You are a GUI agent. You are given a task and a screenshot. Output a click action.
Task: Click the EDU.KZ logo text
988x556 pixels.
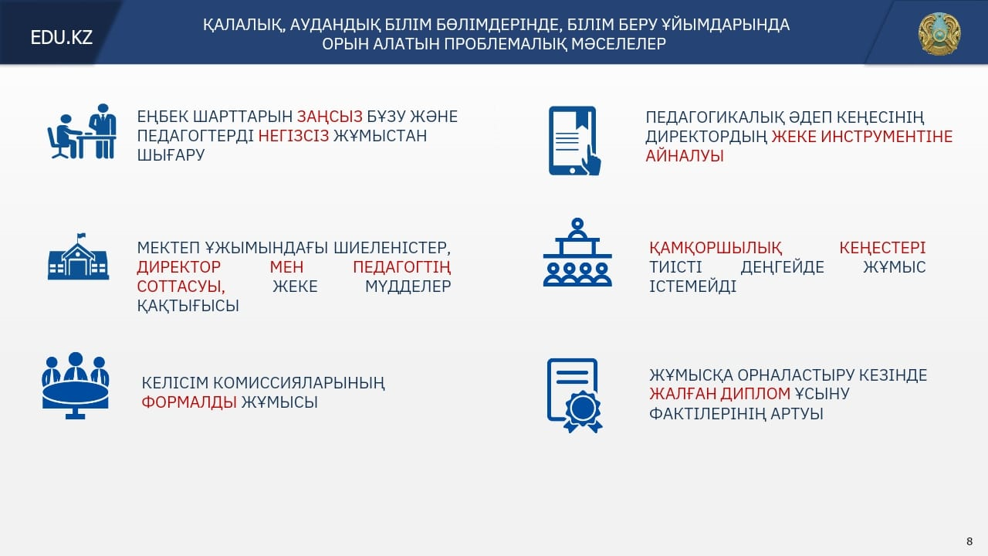click(61, 38)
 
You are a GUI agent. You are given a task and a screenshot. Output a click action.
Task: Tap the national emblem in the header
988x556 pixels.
click(939, 34)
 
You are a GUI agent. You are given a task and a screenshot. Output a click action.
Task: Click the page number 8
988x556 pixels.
click(969, 541)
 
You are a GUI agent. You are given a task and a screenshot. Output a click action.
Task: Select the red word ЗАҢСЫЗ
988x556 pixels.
click(330, 117)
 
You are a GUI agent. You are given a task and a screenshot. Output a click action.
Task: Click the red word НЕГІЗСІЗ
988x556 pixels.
click(293, 135)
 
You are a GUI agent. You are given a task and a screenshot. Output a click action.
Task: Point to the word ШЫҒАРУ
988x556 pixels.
click(171, 155)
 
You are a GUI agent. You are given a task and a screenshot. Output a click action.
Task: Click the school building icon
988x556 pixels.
click(78, 257)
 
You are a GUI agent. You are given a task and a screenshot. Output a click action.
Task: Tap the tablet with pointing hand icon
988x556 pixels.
click(575, 141)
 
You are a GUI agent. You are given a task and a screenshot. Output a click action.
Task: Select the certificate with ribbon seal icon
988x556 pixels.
click(575, 395)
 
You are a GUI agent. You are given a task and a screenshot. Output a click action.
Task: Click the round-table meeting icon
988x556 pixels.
click(76, 385)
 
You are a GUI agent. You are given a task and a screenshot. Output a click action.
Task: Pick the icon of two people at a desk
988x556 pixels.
click(82, 131)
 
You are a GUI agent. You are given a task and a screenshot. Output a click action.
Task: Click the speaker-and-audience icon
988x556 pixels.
click(577, 253)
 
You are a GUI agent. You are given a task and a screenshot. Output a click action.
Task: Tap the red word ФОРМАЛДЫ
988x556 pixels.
click(189, 402)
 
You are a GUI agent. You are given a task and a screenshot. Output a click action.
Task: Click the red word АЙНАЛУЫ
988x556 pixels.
click(685, 156)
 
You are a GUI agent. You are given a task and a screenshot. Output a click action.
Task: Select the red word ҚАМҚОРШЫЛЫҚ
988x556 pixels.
click(716, 248)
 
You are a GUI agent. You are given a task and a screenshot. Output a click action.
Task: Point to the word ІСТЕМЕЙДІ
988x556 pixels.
click(692, 286)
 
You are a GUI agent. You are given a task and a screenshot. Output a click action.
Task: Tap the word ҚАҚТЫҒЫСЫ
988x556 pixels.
click(188, 306)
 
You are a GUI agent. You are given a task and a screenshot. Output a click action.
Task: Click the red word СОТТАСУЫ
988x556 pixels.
click(181, 286)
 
